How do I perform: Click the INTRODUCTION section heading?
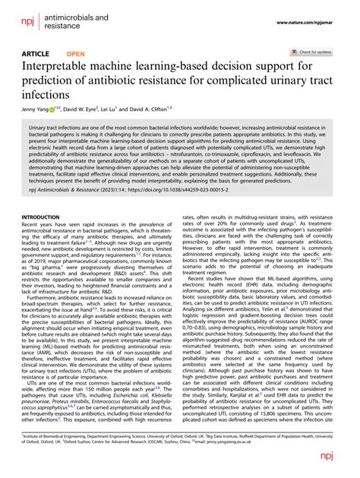pos(43,217)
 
